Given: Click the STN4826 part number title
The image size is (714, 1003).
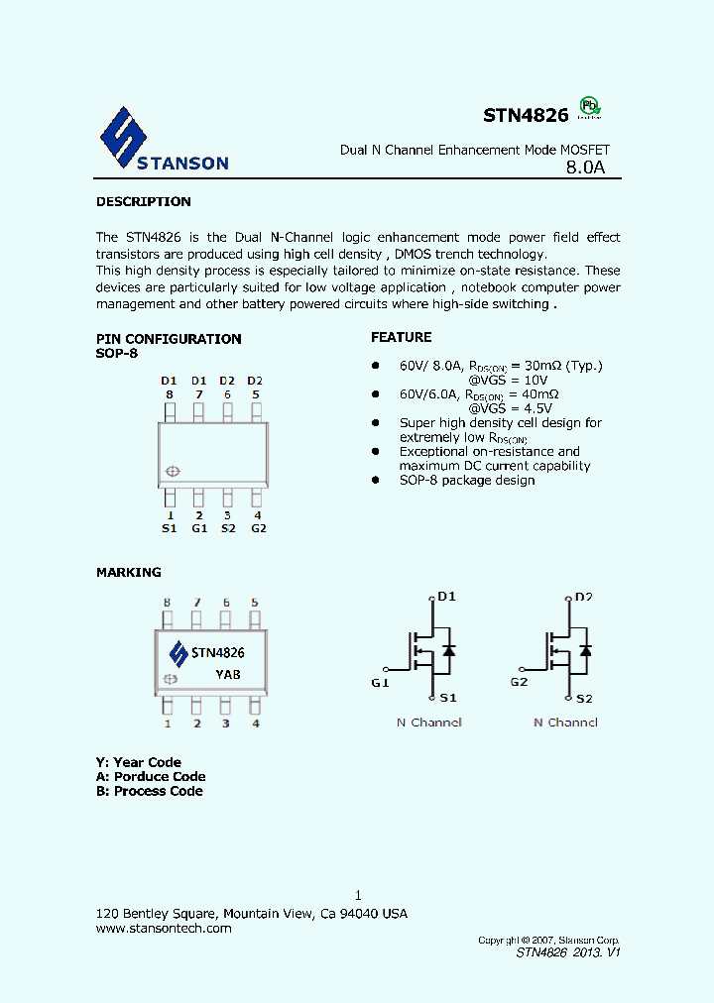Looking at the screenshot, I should point(526,116).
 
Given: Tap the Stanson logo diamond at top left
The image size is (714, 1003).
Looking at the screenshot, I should point(124,139).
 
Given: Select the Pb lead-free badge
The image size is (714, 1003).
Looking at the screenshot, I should point(590,107).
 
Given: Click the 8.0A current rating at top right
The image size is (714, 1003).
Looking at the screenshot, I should point(585,168).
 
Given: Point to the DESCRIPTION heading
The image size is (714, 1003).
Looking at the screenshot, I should point(143,202).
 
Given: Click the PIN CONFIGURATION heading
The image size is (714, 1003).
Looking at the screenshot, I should point(169,339).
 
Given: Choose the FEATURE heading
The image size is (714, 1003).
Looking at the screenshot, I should point(401,337).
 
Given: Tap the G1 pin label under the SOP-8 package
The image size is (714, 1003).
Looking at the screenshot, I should point(198,528).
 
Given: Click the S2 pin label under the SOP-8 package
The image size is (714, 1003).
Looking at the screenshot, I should point(227,528).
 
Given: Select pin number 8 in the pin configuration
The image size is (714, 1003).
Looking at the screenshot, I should point(170,394).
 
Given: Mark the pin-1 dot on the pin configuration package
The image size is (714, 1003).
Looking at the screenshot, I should point(173,472).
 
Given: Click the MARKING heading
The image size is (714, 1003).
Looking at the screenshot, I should point(128,573).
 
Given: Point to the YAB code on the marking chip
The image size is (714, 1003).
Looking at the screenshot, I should point(227,675).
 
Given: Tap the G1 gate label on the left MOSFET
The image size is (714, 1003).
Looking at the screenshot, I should point(381,683).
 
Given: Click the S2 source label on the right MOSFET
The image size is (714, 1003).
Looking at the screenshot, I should point(583,699).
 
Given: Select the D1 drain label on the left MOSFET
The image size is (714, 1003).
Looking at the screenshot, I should point(446,597).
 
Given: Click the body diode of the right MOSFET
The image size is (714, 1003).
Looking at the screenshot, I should point(585,651).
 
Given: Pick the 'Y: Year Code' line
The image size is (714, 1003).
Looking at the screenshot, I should point(139,762).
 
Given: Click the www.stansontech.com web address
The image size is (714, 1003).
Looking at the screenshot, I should point(164,929).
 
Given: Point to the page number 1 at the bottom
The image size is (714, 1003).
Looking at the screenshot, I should point(358,895).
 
